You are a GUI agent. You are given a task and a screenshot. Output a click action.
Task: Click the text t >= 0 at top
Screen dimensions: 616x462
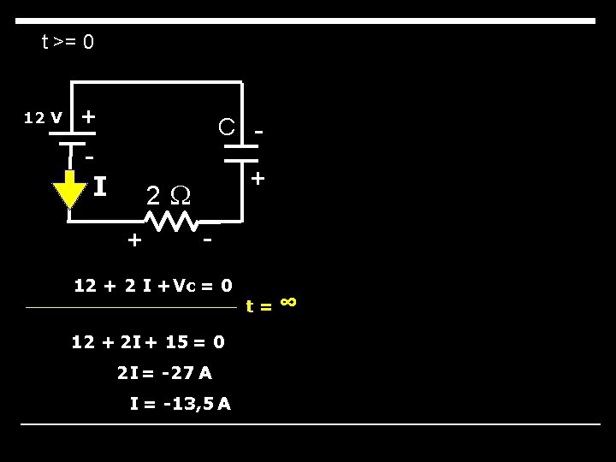click(68, 41)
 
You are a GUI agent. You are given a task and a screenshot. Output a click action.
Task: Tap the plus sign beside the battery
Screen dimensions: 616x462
click(88, 115)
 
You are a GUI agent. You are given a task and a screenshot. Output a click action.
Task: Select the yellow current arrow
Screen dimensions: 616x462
click(69, 191)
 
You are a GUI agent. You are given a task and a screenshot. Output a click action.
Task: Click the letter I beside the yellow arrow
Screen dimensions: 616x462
click(99, 186)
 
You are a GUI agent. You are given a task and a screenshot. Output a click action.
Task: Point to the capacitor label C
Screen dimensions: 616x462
click(226, 127)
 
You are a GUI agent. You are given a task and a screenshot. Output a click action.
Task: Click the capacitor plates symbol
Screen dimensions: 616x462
click(242, 152)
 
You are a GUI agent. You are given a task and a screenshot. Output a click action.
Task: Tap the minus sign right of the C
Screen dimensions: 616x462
click(259, 132)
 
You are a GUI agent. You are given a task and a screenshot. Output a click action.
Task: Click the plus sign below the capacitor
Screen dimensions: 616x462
click(258, 179)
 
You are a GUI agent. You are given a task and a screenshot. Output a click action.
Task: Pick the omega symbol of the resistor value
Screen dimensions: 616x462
click(181, 196)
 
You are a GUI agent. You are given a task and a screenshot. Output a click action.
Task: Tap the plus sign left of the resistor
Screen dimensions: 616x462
click(133, 240)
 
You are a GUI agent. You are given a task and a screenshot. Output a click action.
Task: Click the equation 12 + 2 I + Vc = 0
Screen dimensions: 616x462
click(153, 285)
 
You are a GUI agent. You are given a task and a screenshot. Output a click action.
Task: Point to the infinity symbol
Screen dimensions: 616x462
click(288, 300)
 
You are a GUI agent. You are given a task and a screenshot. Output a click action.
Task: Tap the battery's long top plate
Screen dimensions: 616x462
click(71, 133)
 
